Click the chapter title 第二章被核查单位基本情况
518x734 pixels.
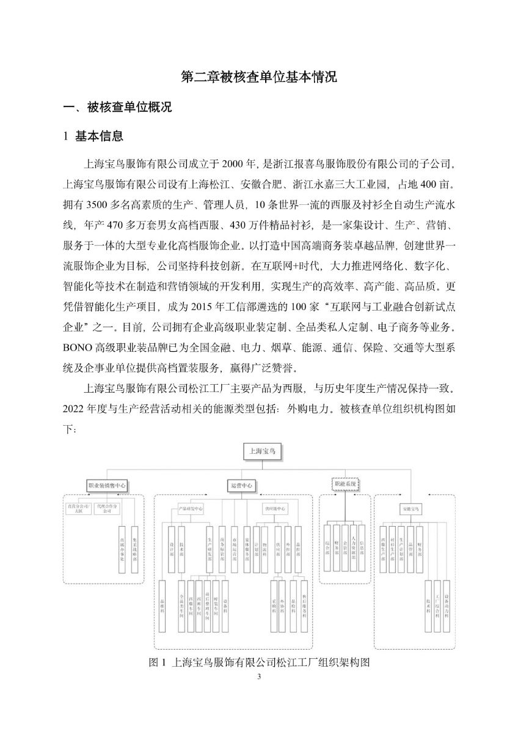click(259, 78)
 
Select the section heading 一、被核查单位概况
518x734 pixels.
click(118, 108)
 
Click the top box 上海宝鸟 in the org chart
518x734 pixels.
click(259, 452)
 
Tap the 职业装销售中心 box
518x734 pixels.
click(107, 485)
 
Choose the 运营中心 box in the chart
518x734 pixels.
click(241, 485)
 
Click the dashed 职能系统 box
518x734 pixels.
click(345, 483)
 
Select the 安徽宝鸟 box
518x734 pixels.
click(409, 508)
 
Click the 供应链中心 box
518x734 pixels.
click(275, 508)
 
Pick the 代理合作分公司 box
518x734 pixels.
click(107, 508)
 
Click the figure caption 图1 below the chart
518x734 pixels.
click(260, 662)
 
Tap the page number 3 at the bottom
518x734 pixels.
click(259, 677)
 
